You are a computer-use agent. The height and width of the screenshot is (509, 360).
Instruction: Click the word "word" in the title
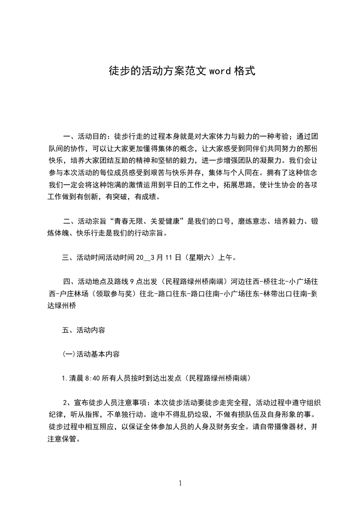pyautogui.click(x=220, y=71)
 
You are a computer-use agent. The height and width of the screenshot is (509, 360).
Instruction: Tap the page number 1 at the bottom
pyautogui.click(x=180, y=483)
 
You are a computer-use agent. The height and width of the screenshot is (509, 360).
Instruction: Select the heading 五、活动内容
pyautogui.click(x=84, y=330)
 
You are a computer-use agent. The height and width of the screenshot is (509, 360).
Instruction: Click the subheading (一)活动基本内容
pyautogui.click(x=91, y=354)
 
